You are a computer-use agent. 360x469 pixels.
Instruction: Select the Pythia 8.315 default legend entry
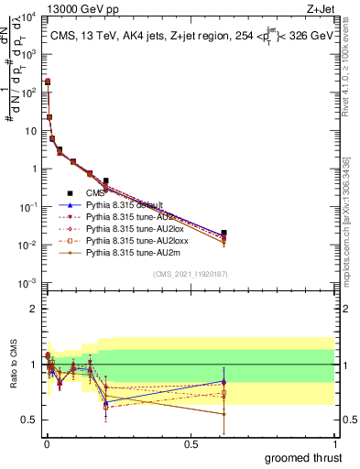(x=124, y=204)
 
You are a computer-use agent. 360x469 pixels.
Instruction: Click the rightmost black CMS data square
(x=224, y=233)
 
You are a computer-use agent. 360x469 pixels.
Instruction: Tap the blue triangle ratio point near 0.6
(x=224, y=381)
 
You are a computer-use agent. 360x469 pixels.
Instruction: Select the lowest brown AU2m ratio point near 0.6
(x=224, y=414)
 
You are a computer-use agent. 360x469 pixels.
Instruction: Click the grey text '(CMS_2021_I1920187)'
(x=190, y=274)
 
